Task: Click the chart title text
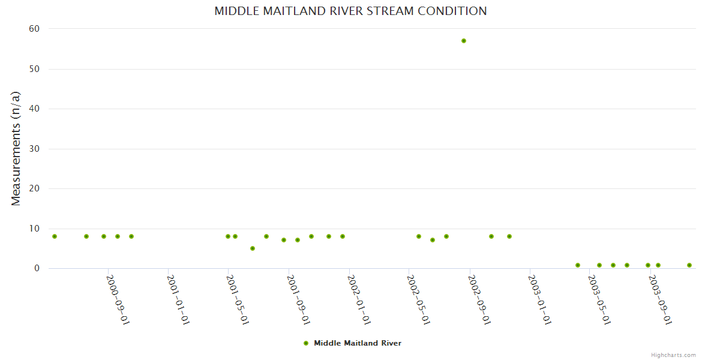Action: click(x=350, y=11)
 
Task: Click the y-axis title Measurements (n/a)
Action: click(x=16, y=148)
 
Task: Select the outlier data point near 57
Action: click(x=464, y=41)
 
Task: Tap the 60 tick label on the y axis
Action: click(x=34, y=29)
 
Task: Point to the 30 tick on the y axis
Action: click(x=34, y=149)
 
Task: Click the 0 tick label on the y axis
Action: click(x=37, y=268)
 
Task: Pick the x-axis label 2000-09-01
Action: click(x=119, y=299)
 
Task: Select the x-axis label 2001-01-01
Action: click(x=179, y=299)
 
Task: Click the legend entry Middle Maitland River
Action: click(x=357, y=343)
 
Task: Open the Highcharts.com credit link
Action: click(x=673, y=355)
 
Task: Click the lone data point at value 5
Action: click(x=253, y=248)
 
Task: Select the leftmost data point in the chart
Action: click(x=55, y=236)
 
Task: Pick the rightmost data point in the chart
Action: click(x=689, y=265)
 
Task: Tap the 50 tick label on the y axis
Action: click(x=34, y=69)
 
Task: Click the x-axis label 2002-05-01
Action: click(x=419, y=299)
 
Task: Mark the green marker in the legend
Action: click(x=306, y=343)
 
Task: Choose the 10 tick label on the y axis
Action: click(x=34, y=229)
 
